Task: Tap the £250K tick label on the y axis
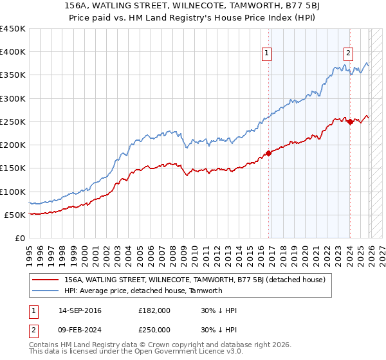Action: pyautogui.click(x=13, y=122)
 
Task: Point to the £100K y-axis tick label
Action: pyautogui.click(x=13, y=192)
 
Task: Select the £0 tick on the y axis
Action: pyautogui.click(x=19, y=238)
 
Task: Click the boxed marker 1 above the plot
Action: pyautogui.click(x=266, y=53)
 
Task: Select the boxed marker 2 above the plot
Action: pyautogui.click(x=348, y=53)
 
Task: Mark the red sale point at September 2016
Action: pyautogui.click(x=268, y=153)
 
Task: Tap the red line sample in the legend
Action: pyautogui.click(x=46, y=280)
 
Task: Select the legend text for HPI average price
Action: pyautogui.click(x=143, y=291)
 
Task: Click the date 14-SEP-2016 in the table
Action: pyautogui.click(x=82, y=310)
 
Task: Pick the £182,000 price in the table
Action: pyautogui.click(x=154, y=310)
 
